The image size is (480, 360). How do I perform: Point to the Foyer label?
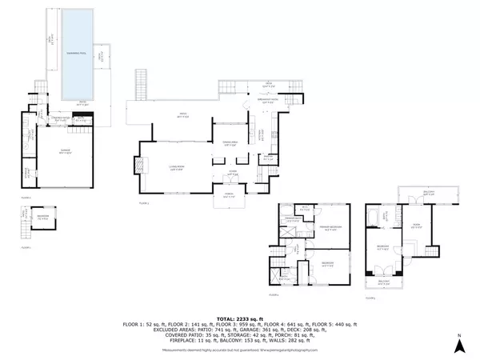click(x=233, y=172)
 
